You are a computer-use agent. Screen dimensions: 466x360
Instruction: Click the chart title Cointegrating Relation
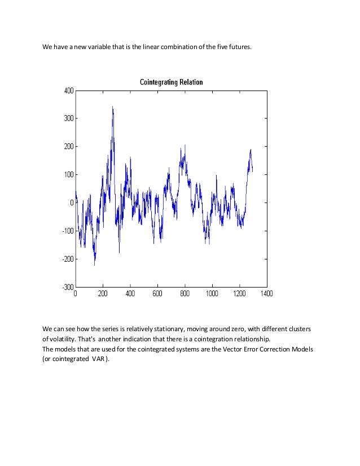[x=171, y=82]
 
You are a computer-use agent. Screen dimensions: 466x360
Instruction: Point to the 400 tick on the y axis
[x=69, y=90]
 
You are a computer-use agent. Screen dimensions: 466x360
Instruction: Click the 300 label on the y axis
[x=69, y=118]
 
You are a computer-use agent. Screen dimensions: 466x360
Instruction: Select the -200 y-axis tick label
[x=68, y=259]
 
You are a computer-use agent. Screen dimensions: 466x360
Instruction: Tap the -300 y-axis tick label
[x=68, y=287]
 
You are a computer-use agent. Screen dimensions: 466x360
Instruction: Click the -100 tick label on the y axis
[x=68, y=231]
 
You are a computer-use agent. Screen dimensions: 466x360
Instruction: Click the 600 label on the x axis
[x=157, y=294]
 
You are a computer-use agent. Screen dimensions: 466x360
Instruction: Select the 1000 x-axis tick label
[x=212, y=294]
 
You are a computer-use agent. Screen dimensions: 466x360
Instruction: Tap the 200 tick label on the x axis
[x=103, y=294]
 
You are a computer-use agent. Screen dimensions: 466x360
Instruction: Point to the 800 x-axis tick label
[x=185, y=294]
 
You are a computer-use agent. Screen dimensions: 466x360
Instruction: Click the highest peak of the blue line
[x=112, y=106]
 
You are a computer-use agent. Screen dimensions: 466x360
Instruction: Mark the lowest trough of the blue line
[x=94, y=265]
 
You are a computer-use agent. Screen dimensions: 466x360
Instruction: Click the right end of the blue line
[x=252, y=171]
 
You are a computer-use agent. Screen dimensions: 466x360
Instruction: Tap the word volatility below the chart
[x=64, y=339]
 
